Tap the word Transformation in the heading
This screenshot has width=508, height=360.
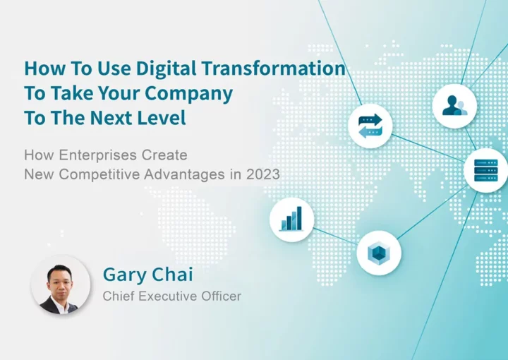pos(274,68)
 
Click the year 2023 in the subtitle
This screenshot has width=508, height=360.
pos(263,174)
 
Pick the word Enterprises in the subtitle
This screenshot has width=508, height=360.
pos(98,155)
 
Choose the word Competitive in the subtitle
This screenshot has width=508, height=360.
pos(99,174)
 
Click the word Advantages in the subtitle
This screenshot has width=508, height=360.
pos(184,175)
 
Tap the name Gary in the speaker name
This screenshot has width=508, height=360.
pos(124,275)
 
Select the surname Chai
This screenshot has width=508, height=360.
pos(172,274)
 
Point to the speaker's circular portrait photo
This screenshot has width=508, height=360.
pos(60,285)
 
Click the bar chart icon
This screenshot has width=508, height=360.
pos(291,220)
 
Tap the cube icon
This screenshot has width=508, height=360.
pos(379,253)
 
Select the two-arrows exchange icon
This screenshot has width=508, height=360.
pos(370,126)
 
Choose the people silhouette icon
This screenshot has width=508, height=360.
pos(454,106)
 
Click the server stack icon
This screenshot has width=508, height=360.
pos(485,170)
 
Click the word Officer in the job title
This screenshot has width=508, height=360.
pos(222,296)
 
